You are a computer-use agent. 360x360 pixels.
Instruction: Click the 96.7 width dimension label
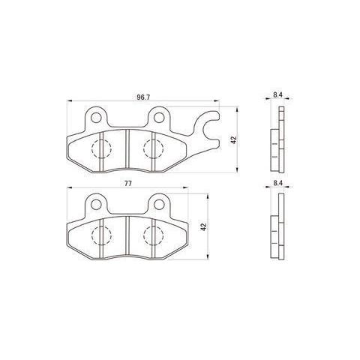click(x=143, y=97)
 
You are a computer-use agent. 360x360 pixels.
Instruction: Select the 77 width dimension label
click(x=128, y=183)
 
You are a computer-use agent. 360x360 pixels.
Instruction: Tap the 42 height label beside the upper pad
click(x=234, y=140)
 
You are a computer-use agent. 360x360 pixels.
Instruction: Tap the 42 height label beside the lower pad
click(x=204, y=226)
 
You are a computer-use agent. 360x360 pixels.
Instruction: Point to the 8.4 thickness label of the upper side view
click(x=277, y=95)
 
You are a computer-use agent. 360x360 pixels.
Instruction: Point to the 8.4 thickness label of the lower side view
click(x=277, y=183)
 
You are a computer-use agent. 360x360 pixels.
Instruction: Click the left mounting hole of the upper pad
click(x=96, y=118)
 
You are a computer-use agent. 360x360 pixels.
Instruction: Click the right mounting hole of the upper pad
click(x=158, y=118)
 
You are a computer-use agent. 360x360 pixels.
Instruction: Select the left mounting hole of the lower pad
click(x=96, y=205)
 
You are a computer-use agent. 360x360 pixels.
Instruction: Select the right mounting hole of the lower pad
click(x=158, y=205)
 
